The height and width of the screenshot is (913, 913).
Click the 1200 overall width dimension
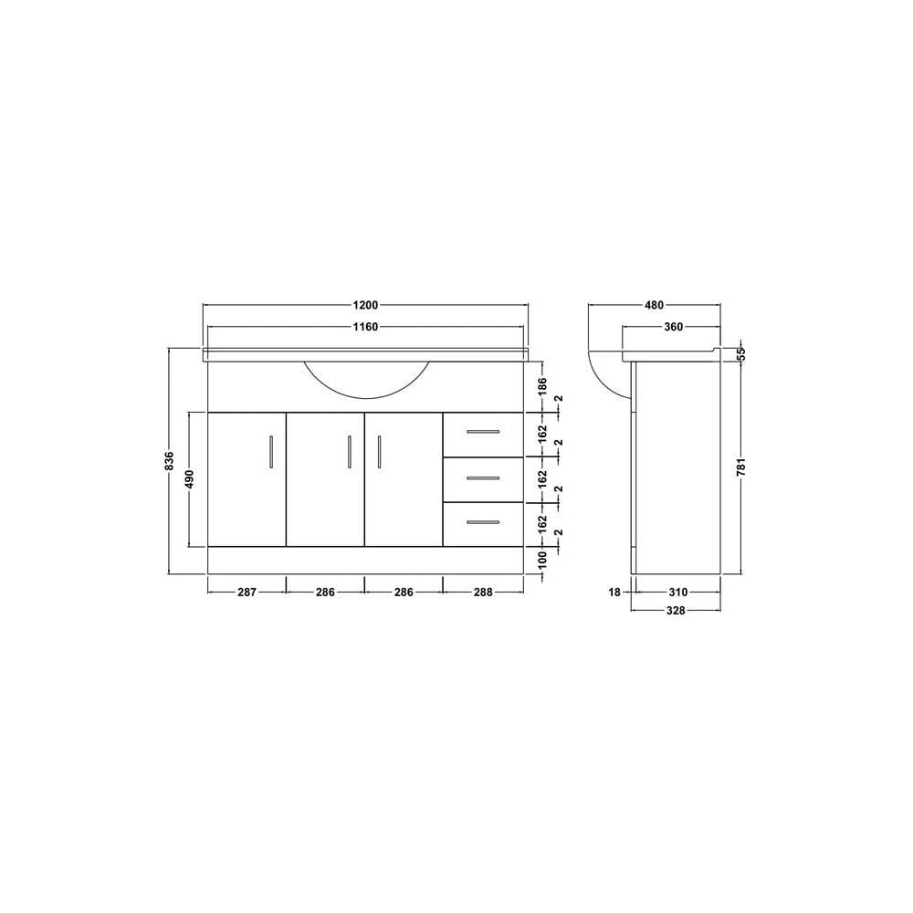click(x=366, y=305)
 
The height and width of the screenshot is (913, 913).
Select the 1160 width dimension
click(x=366, y=327)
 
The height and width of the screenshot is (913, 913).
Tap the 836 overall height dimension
click(x=170, y=460)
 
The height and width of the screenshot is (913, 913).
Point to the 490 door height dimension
click(x=189, y=478)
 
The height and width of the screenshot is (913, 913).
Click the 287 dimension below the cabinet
click(x=247, y=593)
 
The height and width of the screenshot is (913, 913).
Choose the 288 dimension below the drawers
click(x=483, y=593)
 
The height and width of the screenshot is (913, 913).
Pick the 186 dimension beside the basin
click(x=542, y=386)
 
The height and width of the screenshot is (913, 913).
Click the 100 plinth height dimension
click(x=542, y=560)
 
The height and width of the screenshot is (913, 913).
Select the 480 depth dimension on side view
click(x=655, y=305)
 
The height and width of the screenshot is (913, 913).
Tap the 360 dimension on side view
click(x=673, y=327)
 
